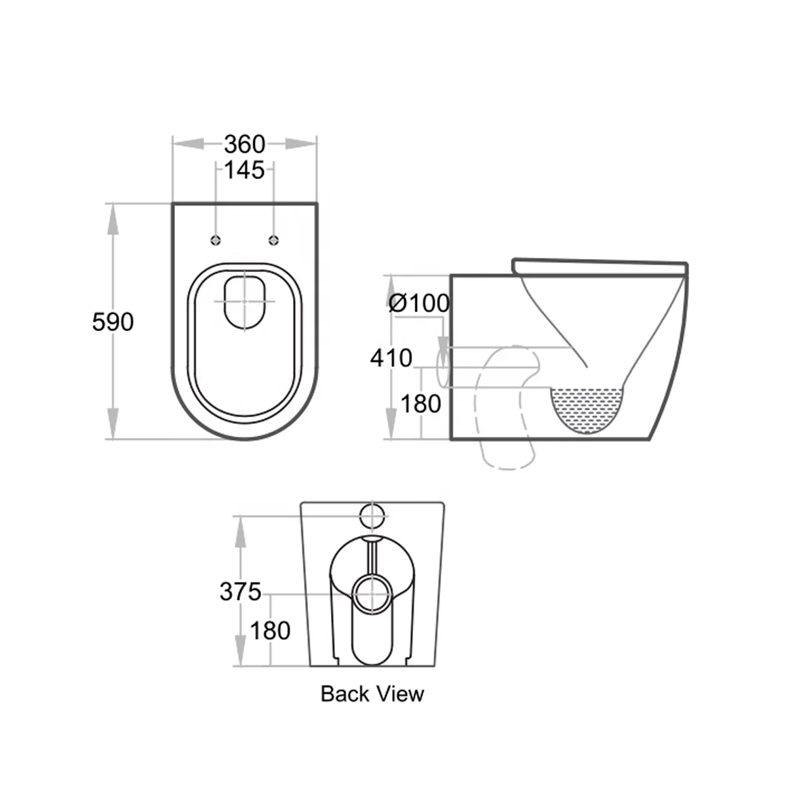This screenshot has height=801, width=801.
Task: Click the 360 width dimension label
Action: coord(244,144)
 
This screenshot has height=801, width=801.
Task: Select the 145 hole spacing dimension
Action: coord(244,170)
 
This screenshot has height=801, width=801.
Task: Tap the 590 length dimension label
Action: coord(113,322)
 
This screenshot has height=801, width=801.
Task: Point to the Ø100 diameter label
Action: coord(419,302)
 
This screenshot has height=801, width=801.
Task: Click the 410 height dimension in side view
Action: coord(391,357)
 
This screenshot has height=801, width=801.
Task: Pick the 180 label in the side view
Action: coord(421,404)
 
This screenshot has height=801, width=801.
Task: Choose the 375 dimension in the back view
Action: coord(240,591)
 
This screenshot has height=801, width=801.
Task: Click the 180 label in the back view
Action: coord(270,631)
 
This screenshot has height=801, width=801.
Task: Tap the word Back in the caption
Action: coord(345,694)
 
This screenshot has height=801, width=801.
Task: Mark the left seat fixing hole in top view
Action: coord(216,239)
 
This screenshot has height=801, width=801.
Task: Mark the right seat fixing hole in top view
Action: coord(274,239)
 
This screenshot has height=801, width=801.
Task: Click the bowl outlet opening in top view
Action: coord(245,301)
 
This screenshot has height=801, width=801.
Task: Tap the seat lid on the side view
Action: coord(600,265)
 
